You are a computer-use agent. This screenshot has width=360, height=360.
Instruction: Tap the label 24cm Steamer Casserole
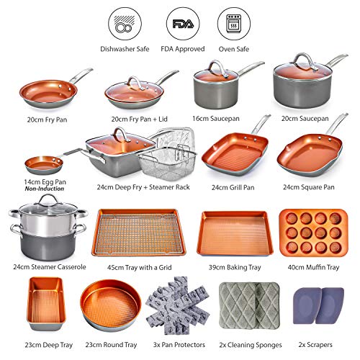click(45, 266)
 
